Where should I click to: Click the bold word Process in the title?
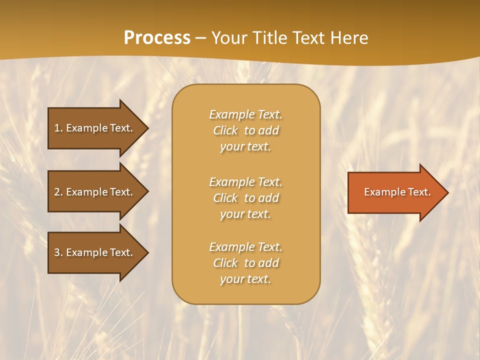click(157, 38)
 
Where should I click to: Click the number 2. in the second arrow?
click(58, 192)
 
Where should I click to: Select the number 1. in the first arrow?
click(58, 128)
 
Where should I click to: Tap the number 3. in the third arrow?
click(58, 252)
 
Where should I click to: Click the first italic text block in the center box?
click(245, 130)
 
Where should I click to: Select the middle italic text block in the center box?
click(245, 198)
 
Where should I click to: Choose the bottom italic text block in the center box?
click(245, 263)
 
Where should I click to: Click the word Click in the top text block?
click(225, 130)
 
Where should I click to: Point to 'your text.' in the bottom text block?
click(245, 279)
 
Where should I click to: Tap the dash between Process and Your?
click(200, 38)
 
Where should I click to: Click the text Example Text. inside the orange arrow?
click(397, 192)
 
